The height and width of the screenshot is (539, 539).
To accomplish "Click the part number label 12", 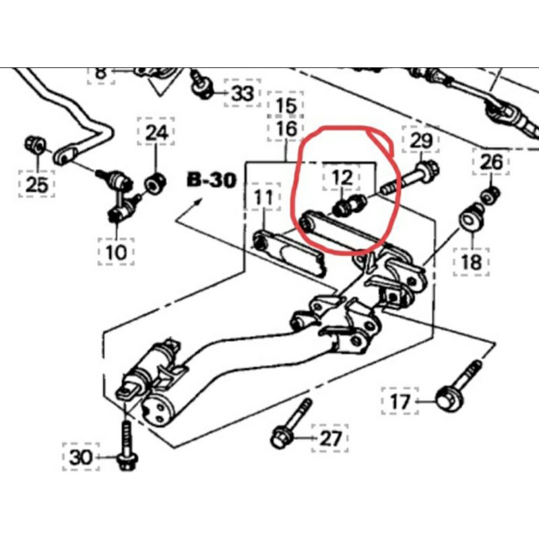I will point(342,179).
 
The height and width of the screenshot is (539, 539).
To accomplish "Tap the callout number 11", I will point(263,198).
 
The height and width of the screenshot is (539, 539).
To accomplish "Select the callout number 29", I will point(420,141).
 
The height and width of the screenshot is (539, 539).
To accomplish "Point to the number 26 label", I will point(491,162).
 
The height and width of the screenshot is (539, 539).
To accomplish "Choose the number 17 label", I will point(400,403).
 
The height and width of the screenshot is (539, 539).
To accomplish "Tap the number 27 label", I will point(330,439).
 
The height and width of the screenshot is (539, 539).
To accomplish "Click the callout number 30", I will point(80,457).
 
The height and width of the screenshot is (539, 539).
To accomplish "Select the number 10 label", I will point(116,253).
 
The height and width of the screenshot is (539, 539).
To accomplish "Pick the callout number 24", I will point(156,133).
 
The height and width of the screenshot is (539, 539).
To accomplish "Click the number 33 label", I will point(242,93).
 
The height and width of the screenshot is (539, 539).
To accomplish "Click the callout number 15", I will point(286,106).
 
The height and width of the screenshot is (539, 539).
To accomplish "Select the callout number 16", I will point(286,128).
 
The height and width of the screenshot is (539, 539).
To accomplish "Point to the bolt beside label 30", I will point(126,445).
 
